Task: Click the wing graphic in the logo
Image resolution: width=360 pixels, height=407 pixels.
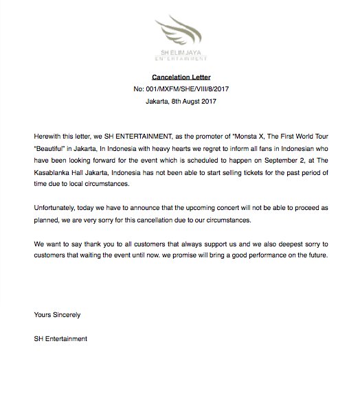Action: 181,30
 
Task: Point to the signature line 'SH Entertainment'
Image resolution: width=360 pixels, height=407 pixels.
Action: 60,338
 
